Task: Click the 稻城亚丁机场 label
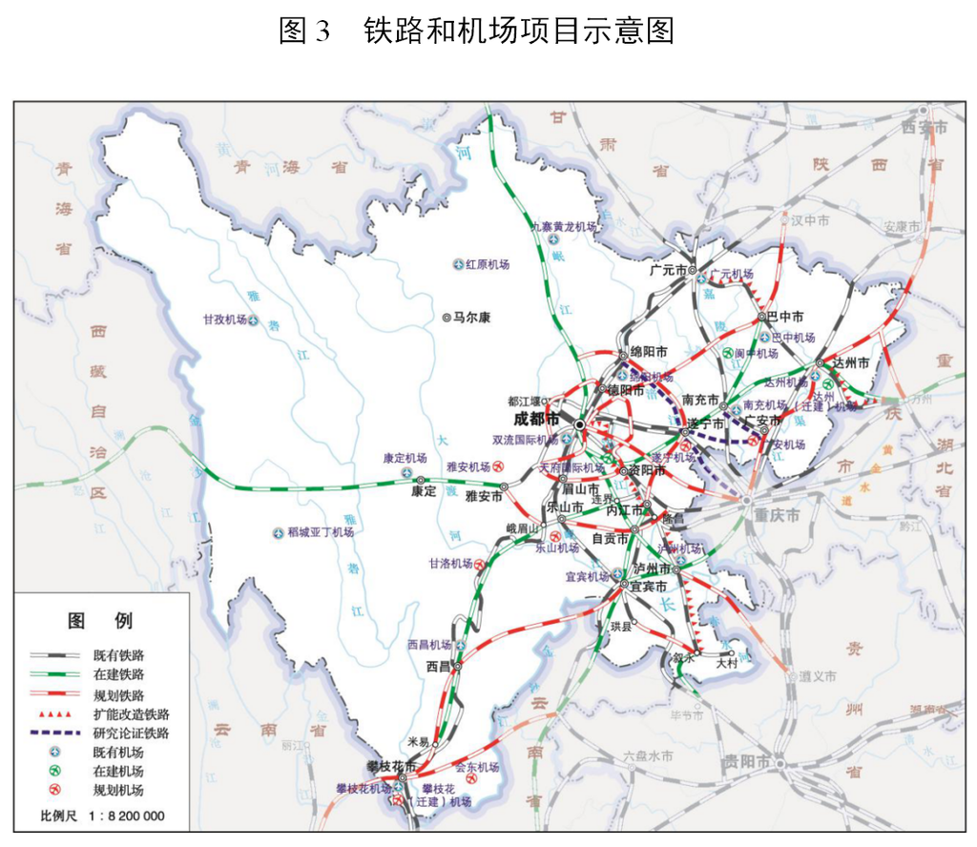pos(321,531)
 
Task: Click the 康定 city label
pos(423,493)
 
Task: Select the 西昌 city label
pos(438,667)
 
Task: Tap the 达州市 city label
pos(851,363)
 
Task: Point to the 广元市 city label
pos(668,270)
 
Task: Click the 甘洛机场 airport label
pos(450,564)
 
